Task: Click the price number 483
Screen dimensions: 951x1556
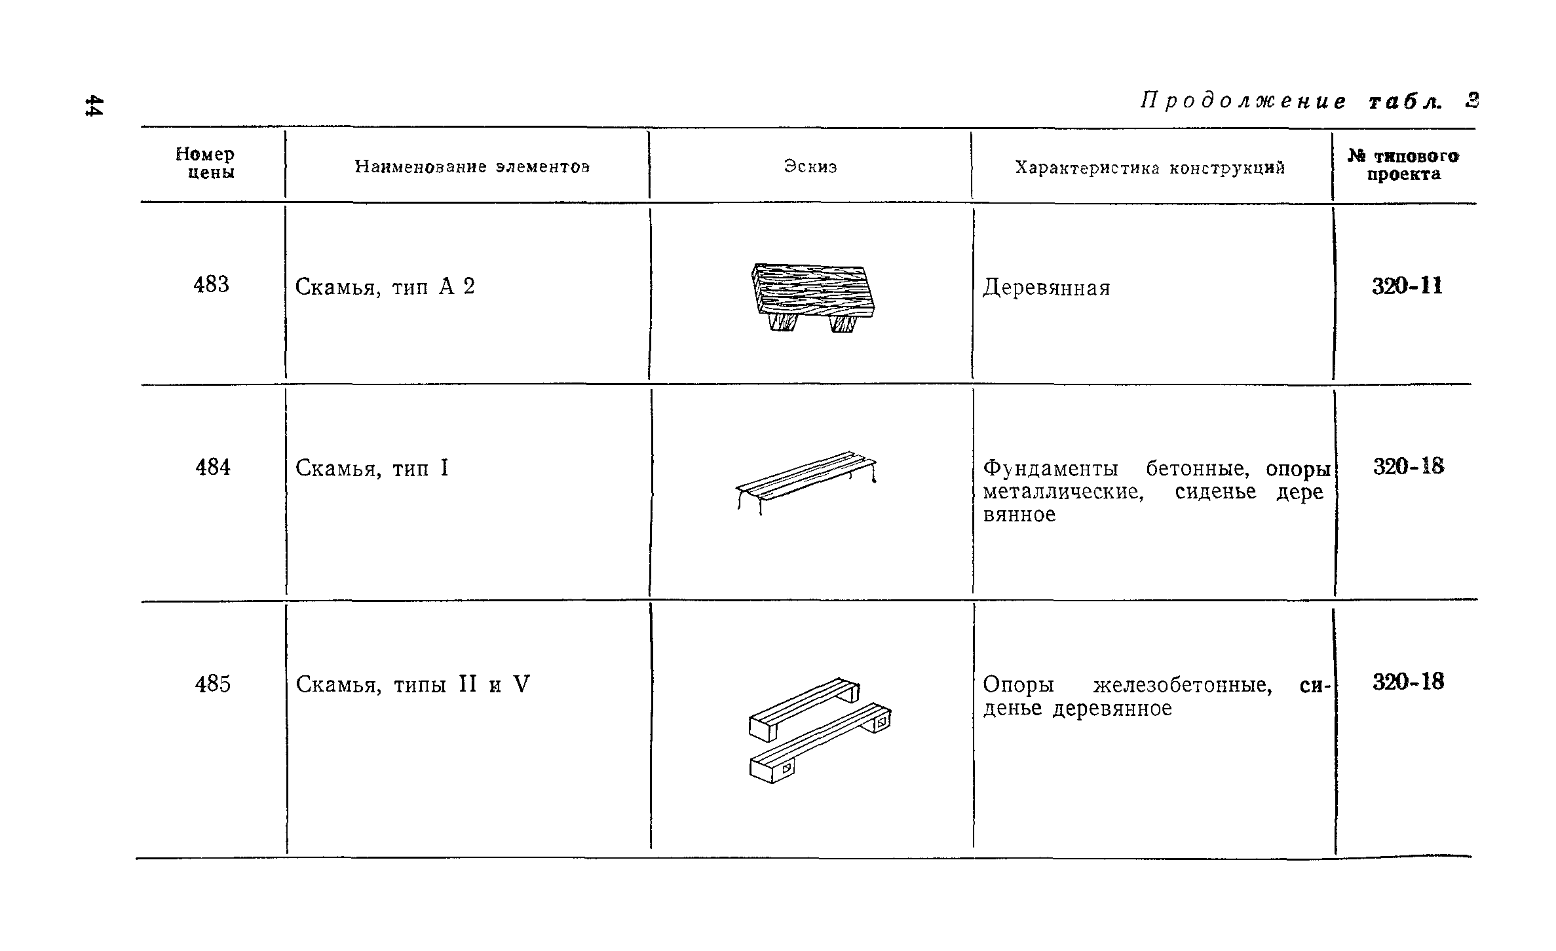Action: (211, 285)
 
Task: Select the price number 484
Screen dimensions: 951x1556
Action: (213, 468)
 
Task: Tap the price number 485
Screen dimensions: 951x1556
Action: (213, 684)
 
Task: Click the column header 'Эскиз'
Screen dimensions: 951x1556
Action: (810, 167)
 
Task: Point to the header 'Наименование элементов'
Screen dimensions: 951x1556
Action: (472, 167)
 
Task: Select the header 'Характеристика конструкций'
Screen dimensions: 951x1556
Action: (1150, 168)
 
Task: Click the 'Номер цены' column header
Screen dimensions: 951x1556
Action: (205, 164)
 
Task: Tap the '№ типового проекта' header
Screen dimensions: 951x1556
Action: (1403, 165)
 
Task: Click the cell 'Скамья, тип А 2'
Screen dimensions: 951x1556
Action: (385, 287)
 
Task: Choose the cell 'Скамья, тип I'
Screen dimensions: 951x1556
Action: (371, 469)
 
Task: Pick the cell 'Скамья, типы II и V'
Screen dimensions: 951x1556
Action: (412, 685)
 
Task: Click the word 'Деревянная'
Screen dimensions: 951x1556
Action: (1046, 288)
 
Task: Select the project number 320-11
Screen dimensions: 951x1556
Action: (1407, 287)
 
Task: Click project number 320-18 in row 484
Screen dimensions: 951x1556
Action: (1408, 467)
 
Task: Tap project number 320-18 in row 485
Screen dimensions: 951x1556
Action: (1408, 682)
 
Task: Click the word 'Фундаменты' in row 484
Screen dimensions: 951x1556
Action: (1051, 469)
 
